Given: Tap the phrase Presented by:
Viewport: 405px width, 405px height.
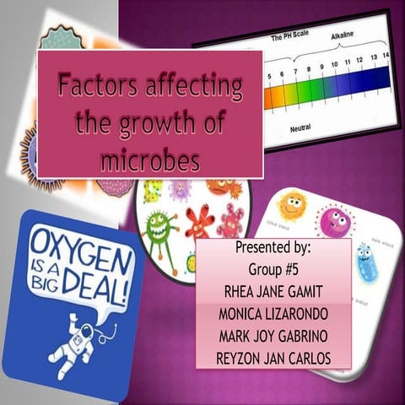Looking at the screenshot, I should (x=273, y=250).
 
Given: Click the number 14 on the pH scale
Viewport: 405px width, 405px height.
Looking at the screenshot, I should (x=385, y=56).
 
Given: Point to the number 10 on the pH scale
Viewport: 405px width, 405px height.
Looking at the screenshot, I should (x=334, y=65).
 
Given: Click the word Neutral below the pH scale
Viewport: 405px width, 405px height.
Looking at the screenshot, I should (x=301, y=129).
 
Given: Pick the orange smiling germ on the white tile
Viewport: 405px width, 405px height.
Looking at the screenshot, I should (x=291, y=203).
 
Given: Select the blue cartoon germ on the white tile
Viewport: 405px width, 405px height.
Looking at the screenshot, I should (x=365, y=261).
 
